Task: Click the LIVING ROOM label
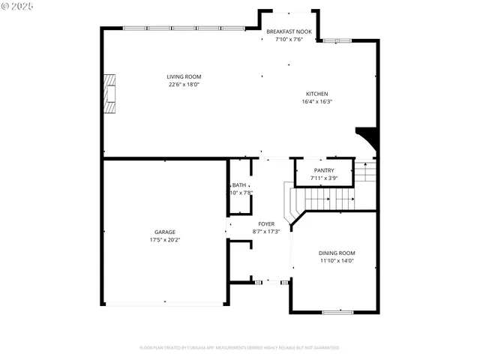click(x=184, y=76)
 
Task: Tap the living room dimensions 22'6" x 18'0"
click(x=184, y=85)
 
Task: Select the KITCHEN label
click(x=316, y=94)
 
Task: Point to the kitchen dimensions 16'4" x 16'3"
click(x=316, y=101)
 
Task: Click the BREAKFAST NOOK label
click(x=288, y=31)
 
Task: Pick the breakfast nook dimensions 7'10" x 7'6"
click(x=288, y=39)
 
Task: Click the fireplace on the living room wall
click(x=110, y=93)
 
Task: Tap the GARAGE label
click(x=165, y=232)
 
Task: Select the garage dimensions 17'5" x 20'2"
click(x=165, y=240)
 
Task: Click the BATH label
click(x=238, y=184)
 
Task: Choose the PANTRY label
click(x=324, y=170)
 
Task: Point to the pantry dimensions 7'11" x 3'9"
click(x=324, y=178)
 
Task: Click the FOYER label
click(x=266, y=223)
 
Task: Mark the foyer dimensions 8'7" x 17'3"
click(x=266, y=231)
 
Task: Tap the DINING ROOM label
click(x=337, y=253)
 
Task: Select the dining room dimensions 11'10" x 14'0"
click(x=337, y=261)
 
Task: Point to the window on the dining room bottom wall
click(x=337, y=311)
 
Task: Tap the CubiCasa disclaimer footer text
click(x=239, y=348)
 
